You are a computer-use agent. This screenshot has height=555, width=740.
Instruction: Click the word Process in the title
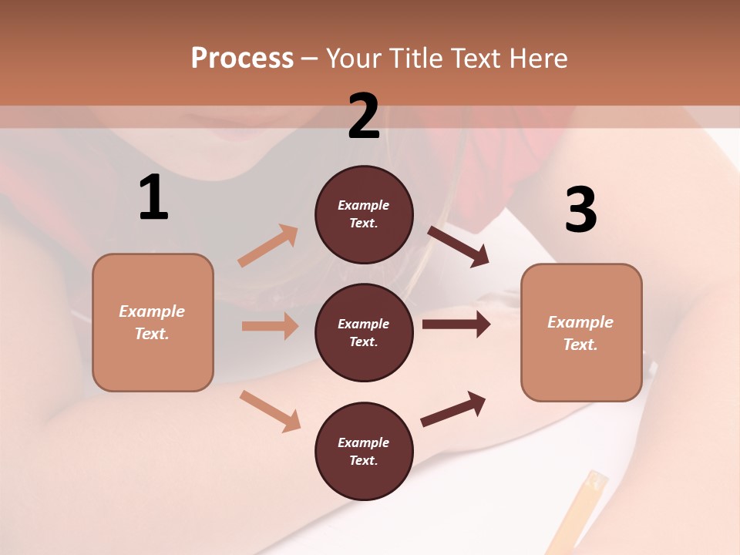click(242, 58)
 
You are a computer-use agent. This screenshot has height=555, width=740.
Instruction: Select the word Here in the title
click(537, 58)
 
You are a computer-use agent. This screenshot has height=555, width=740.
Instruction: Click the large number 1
click(153, 197)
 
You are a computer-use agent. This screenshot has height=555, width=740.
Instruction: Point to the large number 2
click(364, 116)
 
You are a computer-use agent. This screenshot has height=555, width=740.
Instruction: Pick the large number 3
click(581, 210)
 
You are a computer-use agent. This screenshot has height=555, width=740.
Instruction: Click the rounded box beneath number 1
click(153, 322)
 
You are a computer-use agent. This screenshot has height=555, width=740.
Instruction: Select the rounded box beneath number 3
click(581, 332)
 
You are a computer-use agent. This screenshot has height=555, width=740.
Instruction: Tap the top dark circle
click(364, 214)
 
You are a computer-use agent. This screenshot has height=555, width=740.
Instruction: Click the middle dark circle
click(364, 332)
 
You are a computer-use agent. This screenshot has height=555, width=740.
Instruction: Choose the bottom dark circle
click(364, 451)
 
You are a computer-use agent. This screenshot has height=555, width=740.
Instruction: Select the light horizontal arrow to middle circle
click(270, 326)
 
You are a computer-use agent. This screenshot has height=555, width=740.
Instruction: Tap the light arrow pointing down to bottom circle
click(270, 411)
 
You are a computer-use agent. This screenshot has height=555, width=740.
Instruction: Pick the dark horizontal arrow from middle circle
click(456, 325)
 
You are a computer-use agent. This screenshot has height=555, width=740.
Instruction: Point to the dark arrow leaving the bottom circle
click(453, 409)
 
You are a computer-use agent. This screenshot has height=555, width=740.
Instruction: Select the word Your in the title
click(355, 58)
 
